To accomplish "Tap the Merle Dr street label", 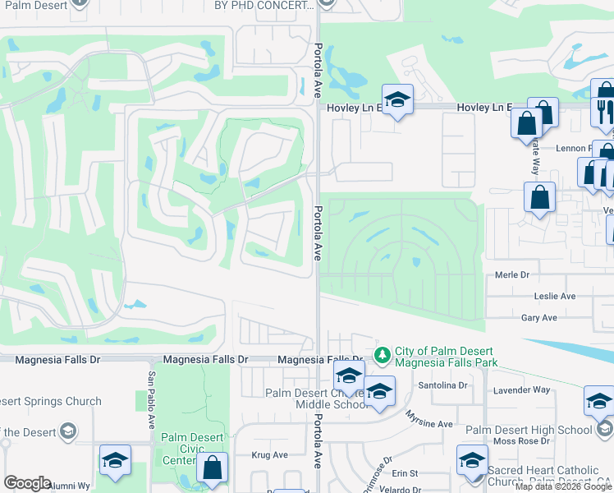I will point(511,276).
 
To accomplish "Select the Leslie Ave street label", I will point(555,296).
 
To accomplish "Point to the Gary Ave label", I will point(538,317).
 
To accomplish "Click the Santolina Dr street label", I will point(442,385).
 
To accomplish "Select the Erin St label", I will point(405,473).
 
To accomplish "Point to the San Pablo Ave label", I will point(152,401).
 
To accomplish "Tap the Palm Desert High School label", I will point(529,430).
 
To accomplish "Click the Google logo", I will point(26,483).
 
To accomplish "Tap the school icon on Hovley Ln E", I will point(397,101).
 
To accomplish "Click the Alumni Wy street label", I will point(73,486).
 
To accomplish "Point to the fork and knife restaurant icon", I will point(603,111).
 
